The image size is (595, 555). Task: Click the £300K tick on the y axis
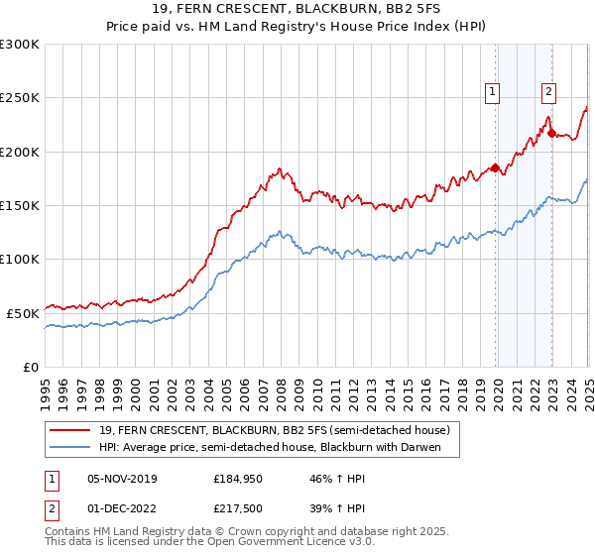[21, 45]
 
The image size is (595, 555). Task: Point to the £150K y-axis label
[21, 206]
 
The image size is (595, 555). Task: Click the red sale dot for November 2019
[495, 167]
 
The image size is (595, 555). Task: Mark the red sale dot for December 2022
[551, 133]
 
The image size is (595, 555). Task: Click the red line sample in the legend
[70, 430]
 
